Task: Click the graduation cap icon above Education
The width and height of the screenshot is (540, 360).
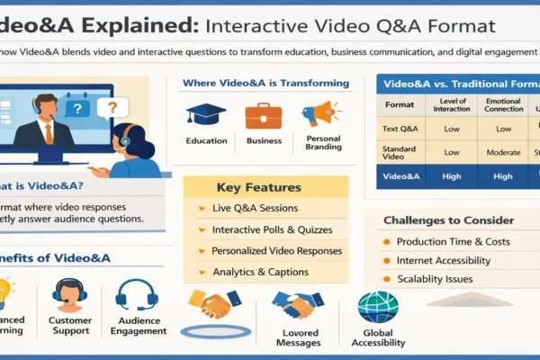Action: (205, 115)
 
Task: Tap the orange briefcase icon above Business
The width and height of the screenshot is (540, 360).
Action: (263, 115)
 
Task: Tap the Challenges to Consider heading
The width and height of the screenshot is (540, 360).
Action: (448, 220)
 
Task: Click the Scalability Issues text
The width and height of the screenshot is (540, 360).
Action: (436, 279)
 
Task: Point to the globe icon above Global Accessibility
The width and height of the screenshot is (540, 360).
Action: (378, 307)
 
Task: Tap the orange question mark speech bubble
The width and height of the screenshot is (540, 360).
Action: (112, 108)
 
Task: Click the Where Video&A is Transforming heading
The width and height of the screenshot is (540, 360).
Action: (265, 84)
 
